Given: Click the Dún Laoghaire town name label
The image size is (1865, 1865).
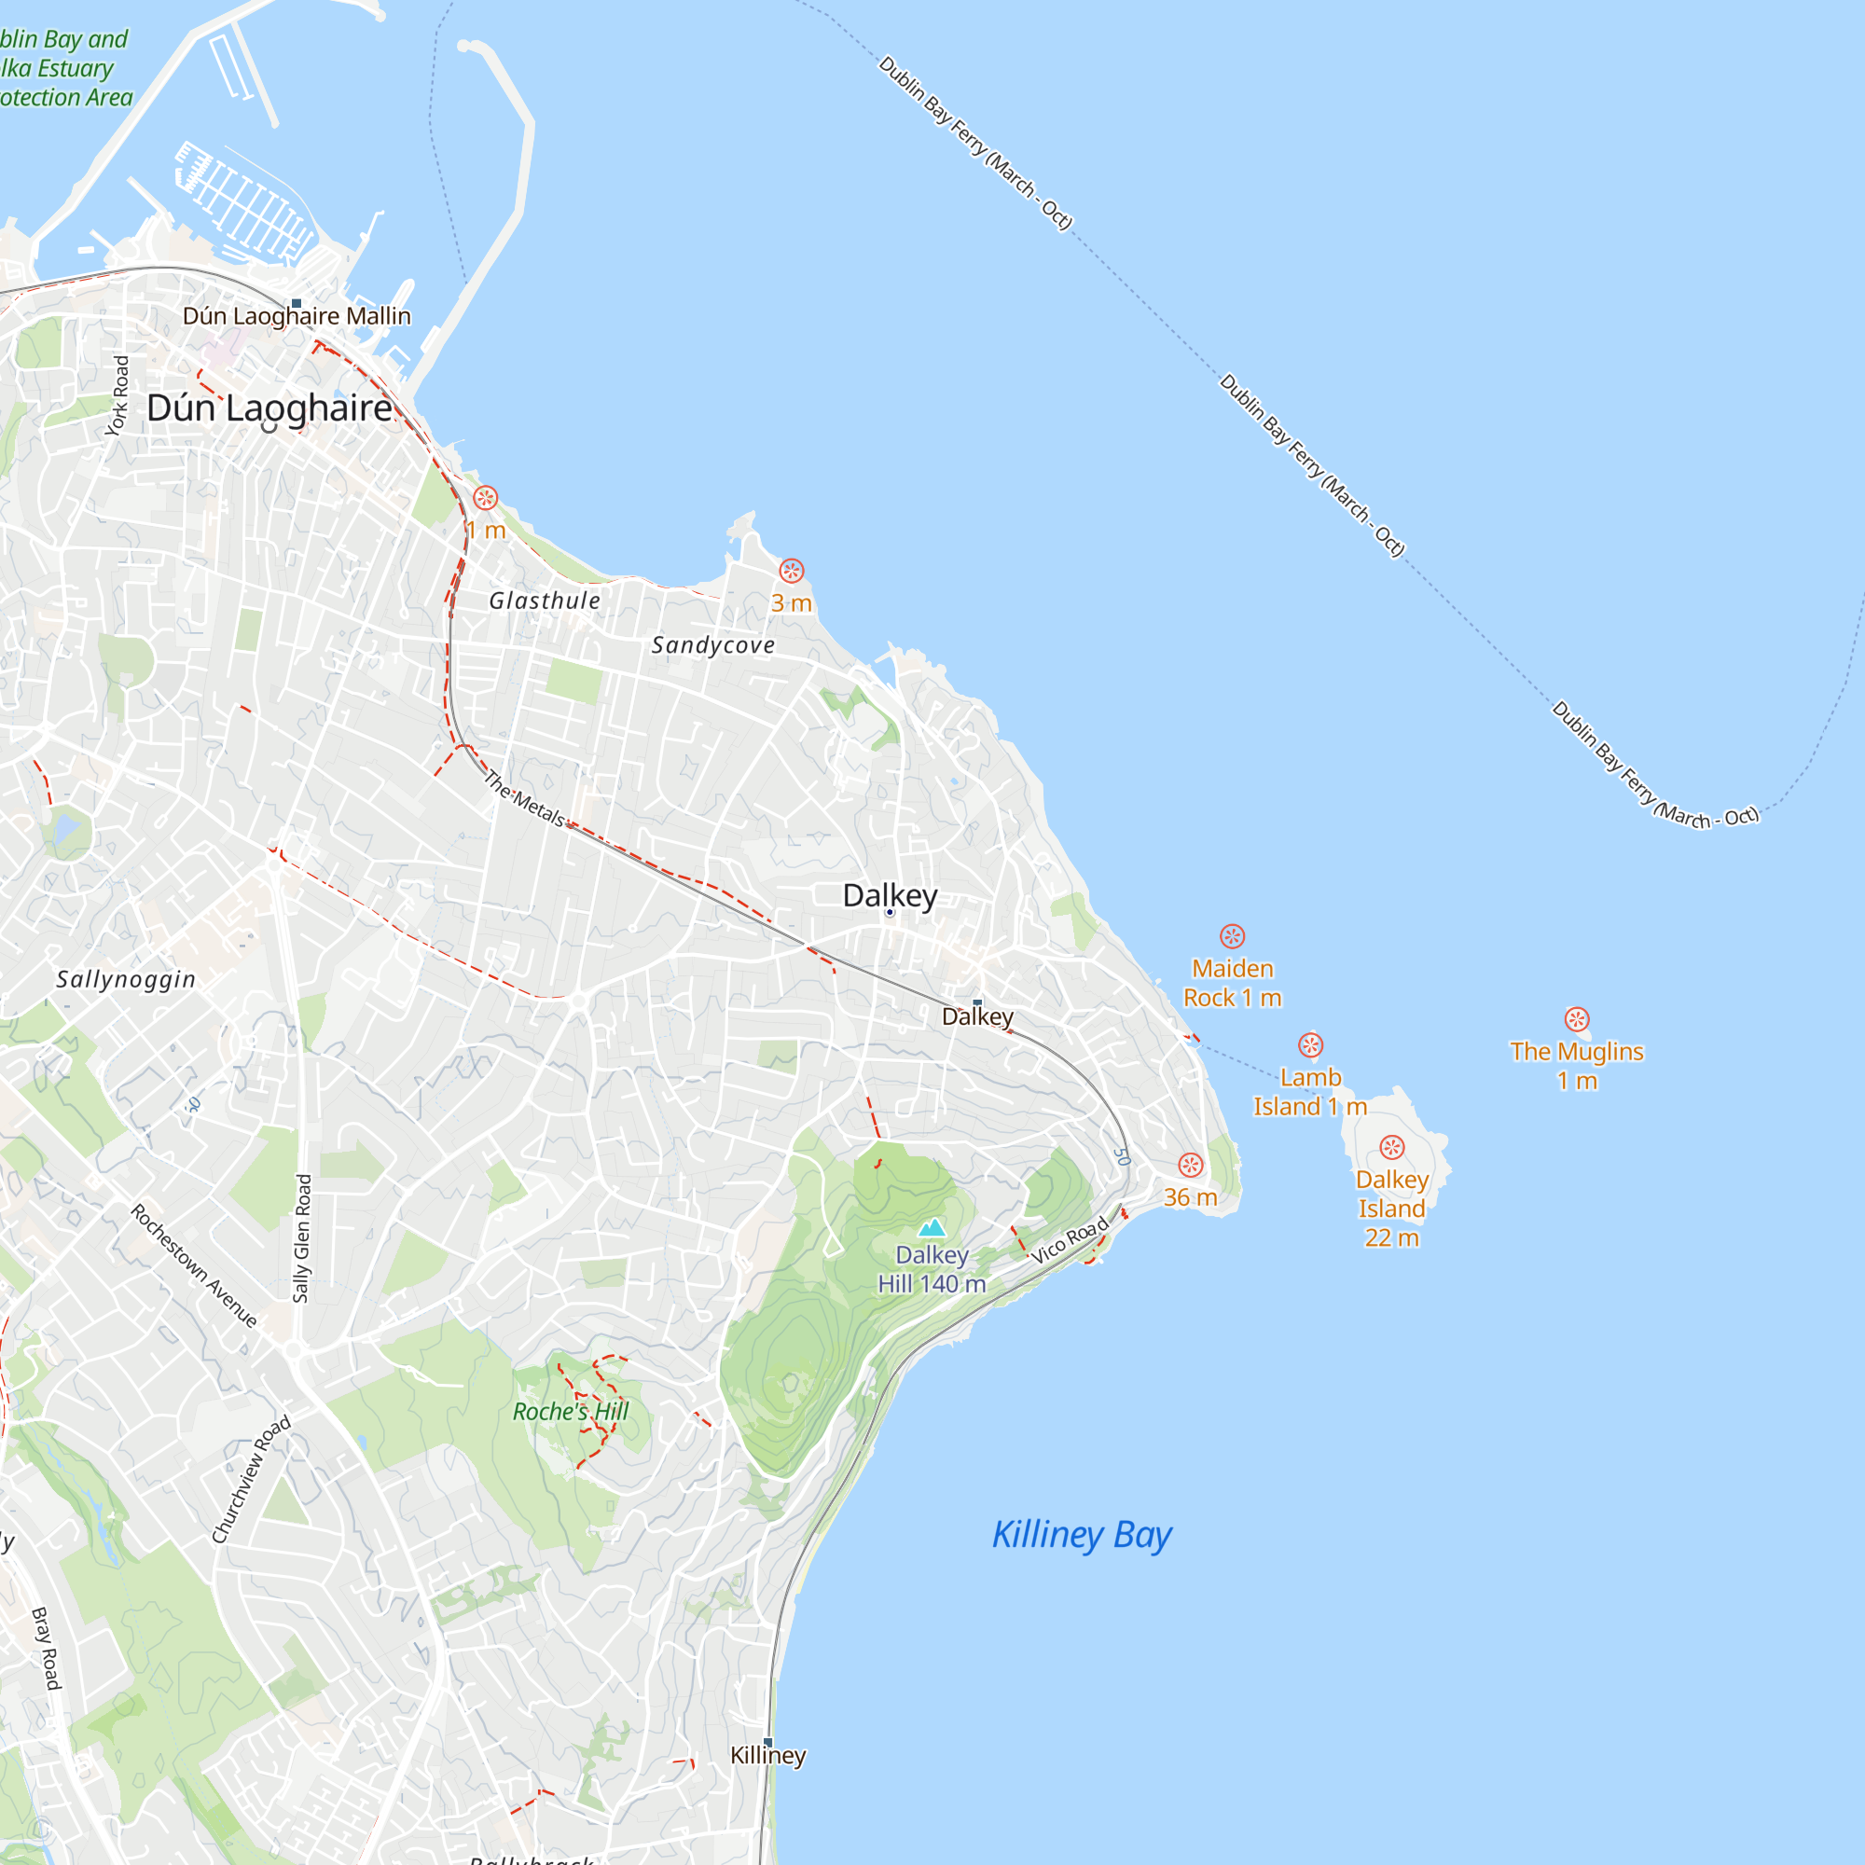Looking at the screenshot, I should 269,408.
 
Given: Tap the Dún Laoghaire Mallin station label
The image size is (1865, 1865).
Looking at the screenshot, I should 297,316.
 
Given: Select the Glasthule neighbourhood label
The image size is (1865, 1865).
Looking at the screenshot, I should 545,601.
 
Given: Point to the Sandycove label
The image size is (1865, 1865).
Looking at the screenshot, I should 712,645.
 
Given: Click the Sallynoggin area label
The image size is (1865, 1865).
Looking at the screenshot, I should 126,979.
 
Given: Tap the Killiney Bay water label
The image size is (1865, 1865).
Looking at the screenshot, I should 1081,1534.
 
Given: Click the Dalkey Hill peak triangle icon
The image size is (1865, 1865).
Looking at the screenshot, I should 932,1228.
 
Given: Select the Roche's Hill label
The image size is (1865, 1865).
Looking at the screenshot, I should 571,1411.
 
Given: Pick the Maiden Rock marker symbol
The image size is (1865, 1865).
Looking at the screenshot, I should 1232,935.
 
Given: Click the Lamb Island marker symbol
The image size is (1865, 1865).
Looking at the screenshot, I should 1310,1044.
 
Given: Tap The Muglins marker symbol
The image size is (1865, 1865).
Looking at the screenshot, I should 1576,1019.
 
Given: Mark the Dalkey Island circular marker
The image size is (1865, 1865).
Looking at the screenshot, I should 1391,1147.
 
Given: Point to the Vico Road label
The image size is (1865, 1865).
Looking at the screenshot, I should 1070,1241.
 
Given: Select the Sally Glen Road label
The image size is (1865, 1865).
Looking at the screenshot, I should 303,1237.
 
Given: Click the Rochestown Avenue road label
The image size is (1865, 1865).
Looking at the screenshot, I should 194,1265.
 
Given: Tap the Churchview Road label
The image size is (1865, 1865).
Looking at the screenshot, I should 251,1480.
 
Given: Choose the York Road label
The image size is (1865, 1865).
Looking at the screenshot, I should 117,395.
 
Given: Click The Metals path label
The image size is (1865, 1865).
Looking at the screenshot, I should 523,798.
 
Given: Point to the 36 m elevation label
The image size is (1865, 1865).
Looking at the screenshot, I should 1189,1197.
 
